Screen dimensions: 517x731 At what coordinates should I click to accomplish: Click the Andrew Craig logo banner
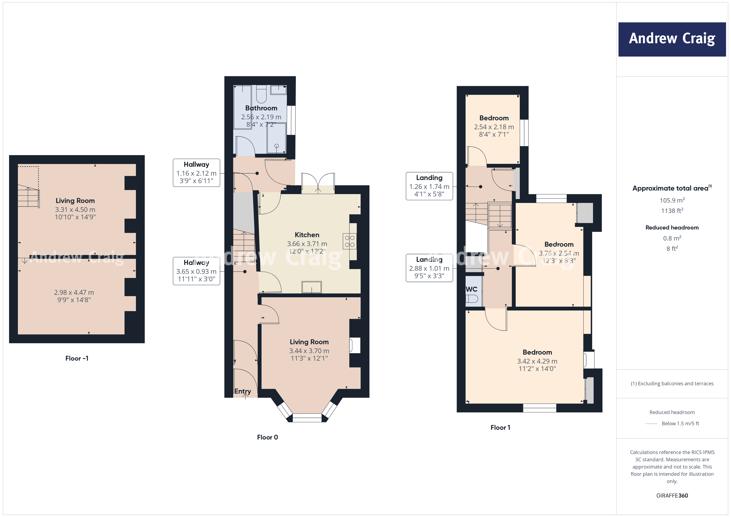pyautogui.click(x=672, y=39)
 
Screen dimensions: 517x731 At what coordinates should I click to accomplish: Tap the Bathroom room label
pyautogui.click(x=261, y=108)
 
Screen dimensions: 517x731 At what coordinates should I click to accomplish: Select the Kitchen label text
pyautogui.click(x=307, y=235)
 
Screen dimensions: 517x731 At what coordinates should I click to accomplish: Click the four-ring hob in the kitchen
pyautogui.click(x=350, y=241)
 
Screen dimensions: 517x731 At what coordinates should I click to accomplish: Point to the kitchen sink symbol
pyautogui.click(x=312, y=287)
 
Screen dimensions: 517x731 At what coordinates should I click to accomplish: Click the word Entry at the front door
pyautogui.click(x=243, y=391)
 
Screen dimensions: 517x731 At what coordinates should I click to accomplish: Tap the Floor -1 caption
pyautogui.click(x=77, y=358)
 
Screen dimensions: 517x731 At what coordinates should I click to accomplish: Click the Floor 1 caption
pyautogui.click(x=500, y=428)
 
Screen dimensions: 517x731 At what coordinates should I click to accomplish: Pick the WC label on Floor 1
pyautogui.click(x=472, y=289)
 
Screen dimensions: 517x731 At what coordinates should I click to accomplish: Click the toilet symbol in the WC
pyautogui.click(x=472, y=299)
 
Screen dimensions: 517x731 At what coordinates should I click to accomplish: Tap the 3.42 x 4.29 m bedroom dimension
pyautogui.click(x=537, y=361)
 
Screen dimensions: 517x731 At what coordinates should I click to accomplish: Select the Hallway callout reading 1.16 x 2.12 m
pyautogui.click(x=196, y=173)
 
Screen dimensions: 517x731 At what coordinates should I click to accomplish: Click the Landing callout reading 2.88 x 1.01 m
pyautogui.click(x=429, y=268)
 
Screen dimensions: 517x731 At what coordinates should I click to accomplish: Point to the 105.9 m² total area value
pyautogui.click(x=672, y=200)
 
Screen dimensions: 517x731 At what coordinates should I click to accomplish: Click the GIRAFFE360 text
pyautogui.click(x=672, y=496)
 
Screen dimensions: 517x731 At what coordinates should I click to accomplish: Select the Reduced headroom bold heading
pyautogui.click(x=672, y=228)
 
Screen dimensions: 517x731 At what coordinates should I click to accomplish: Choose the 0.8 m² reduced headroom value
pyautogui.click(x=672, y=238)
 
